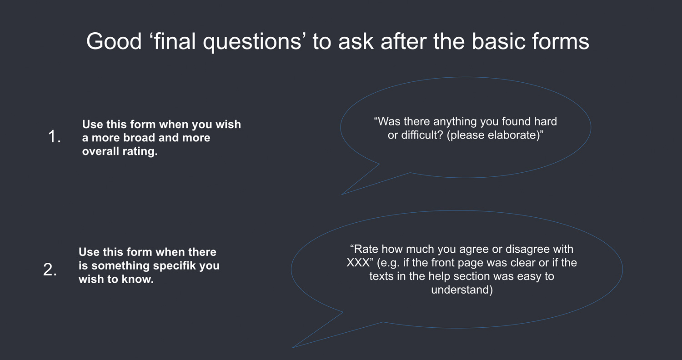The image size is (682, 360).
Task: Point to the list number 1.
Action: [54, 136]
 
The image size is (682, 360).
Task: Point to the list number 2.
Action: [50, 270]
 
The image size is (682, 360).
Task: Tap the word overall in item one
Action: [100, 151]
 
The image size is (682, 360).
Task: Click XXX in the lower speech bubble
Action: [358, 263]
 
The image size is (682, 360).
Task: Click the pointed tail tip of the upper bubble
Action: [341, 195]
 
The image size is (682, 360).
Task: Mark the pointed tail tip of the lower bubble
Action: [293, 348]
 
